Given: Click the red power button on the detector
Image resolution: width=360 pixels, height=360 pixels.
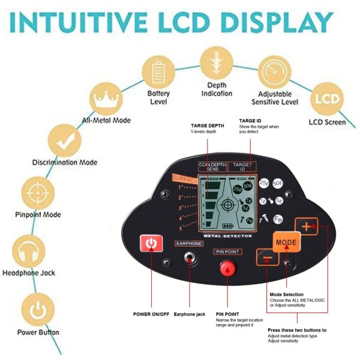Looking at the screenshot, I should click(151, 244).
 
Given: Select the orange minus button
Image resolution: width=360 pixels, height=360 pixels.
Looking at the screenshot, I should click(267, 259).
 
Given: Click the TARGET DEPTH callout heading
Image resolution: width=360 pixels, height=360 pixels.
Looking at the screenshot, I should click(208, 126).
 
